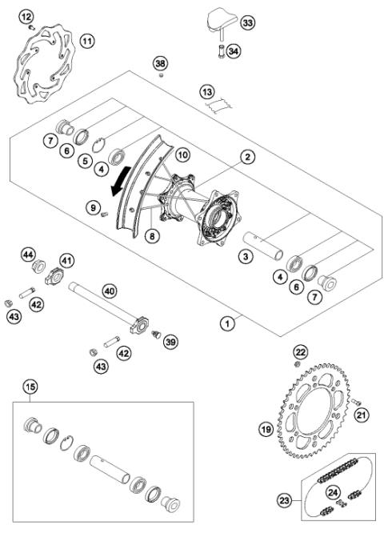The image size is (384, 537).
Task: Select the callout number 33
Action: tap(247, 24)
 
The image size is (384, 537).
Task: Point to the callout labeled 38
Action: tap(161, 62)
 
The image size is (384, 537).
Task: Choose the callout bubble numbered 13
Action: tap(207, 92)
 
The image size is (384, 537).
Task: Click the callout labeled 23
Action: tap(284, 501)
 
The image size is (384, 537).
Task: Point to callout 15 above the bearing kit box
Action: tap(31, 389)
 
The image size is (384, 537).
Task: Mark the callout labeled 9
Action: tap(94, 208)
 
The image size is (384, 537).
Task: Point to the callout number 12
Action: tap(27, 16)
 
